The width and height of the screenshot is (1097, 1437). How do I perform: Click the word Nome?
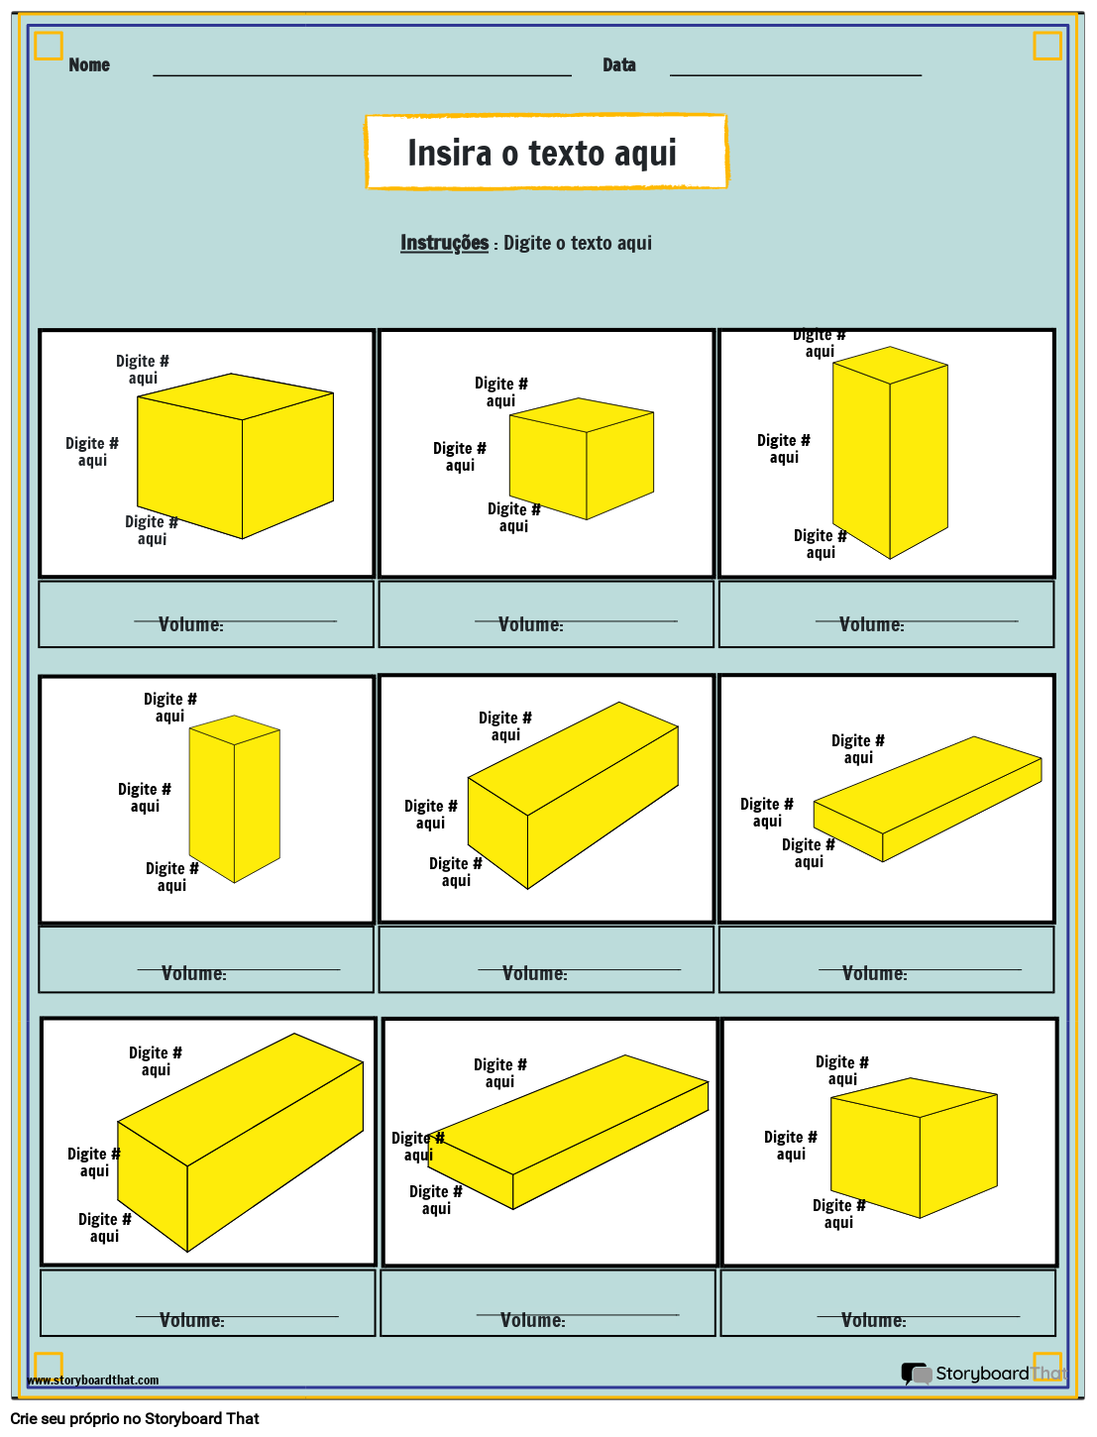point(89,65)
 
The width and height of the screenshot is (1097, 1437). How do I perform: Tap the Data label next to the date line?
point(619,65)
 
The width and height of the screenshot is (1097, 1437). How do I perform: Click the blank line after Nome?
point(362,74)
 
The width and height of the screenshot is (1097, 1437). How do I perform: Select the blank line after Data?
point(795,74)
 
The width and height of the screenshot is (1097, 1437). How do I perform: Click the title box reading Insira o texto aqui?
point(546,153)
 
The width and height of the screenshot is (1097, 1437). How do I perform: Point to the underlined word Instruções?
point(444,243)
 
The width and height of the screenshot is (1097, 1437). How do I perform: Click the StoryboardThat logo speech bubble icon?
point(916,1374)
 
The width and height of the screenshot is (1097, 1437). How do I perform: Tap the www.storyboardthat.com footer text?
point(93,1380)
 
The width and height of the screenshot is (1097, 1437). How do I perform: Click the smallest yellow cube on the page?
point(582,459)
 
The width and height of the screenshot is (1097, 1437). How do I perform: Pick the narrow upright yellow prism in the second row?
point(235,799)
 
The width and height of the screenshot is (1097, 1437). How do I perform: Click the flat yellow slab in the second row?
point(928,799)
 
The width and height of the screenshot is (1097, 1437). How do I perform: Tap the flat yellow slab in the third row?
point(570,1132)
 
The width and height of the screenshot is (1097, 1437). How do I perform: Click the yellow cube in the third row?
point(914,1148)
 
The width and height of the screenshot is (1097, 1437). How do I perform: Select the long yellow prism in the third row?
point(241,1143)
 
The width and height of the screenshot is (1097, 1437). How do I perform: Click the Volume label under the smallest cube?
point(530,624)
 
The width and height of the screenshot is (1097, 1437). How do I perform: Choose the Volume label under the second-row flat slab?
point(874,974)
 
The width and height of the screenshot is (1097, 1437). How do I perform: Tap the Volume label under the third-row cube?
point(873,1320)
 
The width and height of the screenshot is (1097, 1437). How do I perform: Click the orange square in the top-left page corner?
point(49,46)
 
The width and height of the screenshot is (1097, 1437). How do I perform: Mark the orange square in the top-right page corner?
point(1047,46)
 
